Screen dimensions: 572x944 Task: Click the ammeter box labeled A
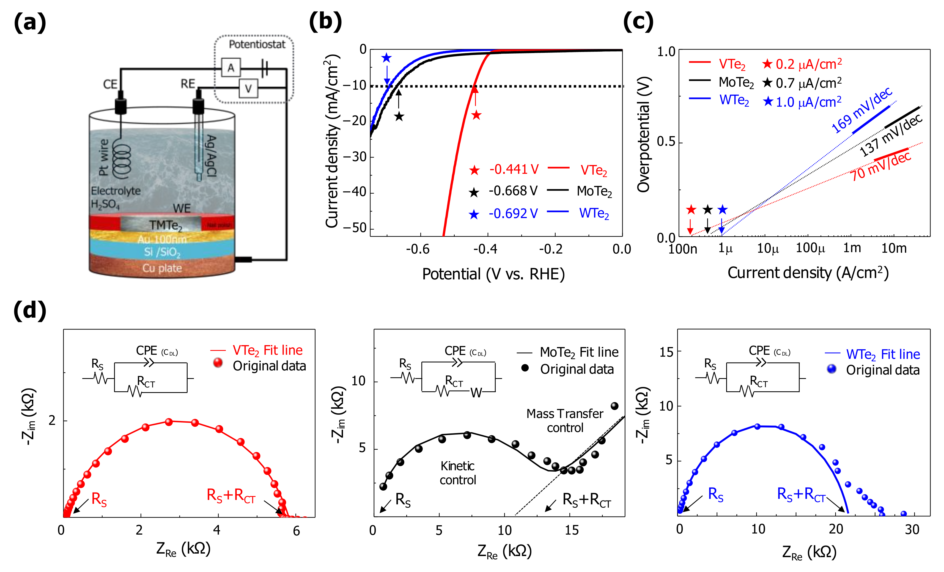[230, 68]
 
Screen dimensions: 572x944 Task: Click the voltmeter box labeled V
[248, 89]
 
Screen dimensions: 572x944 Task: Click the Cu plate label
[162, 268]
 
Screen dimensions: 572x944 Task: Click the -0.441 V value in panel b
[514, 169]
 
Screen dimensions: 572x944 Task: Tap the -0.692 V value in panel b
[513, 213]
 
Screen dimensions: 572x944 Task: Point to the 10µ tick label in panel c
[768, 249]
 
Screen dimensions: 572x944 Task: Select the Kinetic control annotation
[457, 473]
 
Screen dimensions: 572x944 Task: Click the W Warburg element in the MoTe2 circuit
[476, 393]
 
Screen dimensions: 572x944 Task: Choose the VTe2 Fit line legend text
[267, 350]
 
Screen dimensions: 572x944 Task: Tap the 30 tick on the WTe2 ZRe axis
[912, 529]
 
